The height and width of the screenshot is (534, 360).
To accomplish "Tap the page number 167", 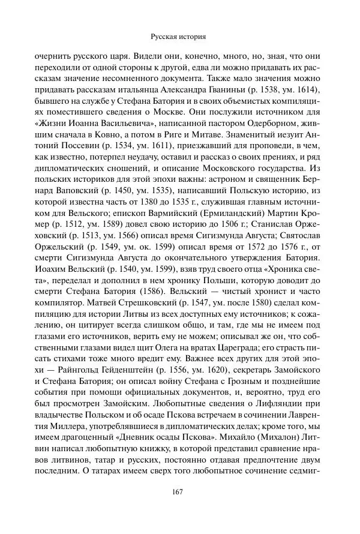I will (x=179, y=493).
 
